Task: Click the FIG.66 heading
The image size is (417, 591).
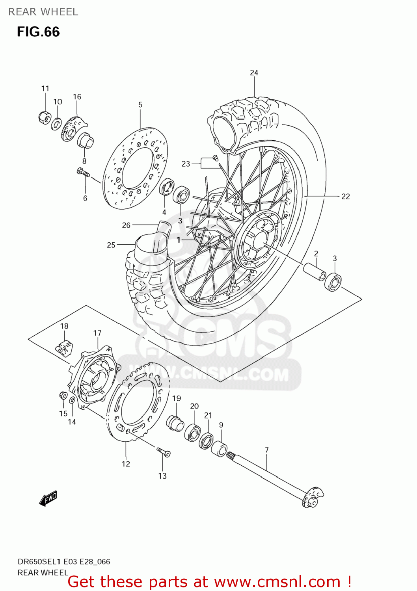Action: [x=38, y=32]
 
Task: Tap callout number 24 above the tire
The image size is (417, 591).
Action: [x=254, y=72]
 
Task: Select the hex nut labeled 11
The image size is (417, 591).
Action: [x=45, y=117]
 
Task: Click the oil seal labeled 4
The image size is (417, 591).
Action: [x=167, y=186]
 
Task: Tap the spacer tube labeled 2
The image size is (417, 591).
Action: [x=314, y=271]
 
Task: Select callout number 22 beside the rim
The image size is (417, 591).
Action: [x=345, y=196]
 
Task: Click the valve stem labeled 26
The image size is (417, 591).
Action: [x=163, y=228]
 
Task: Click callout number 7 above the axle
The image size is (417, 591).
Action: [x=267, y=450]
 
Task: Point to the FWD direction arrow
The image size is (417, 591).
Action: [x=48, y=498]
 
